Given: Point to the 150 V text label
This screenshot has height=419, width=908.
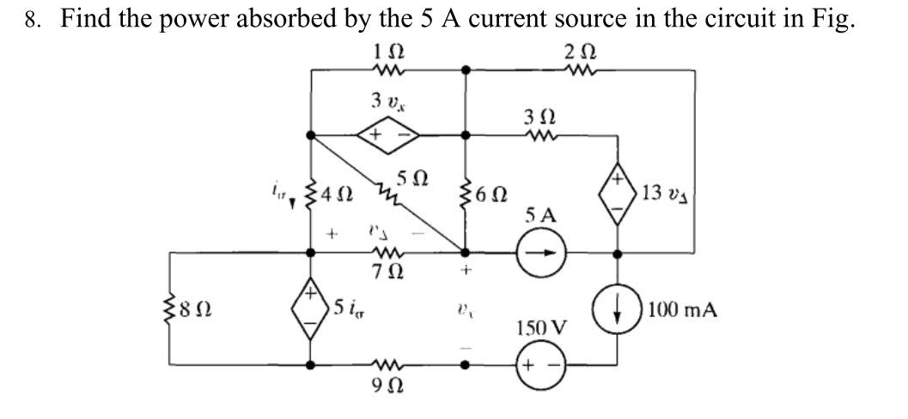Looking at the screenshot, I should click(x=542, y=329).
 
